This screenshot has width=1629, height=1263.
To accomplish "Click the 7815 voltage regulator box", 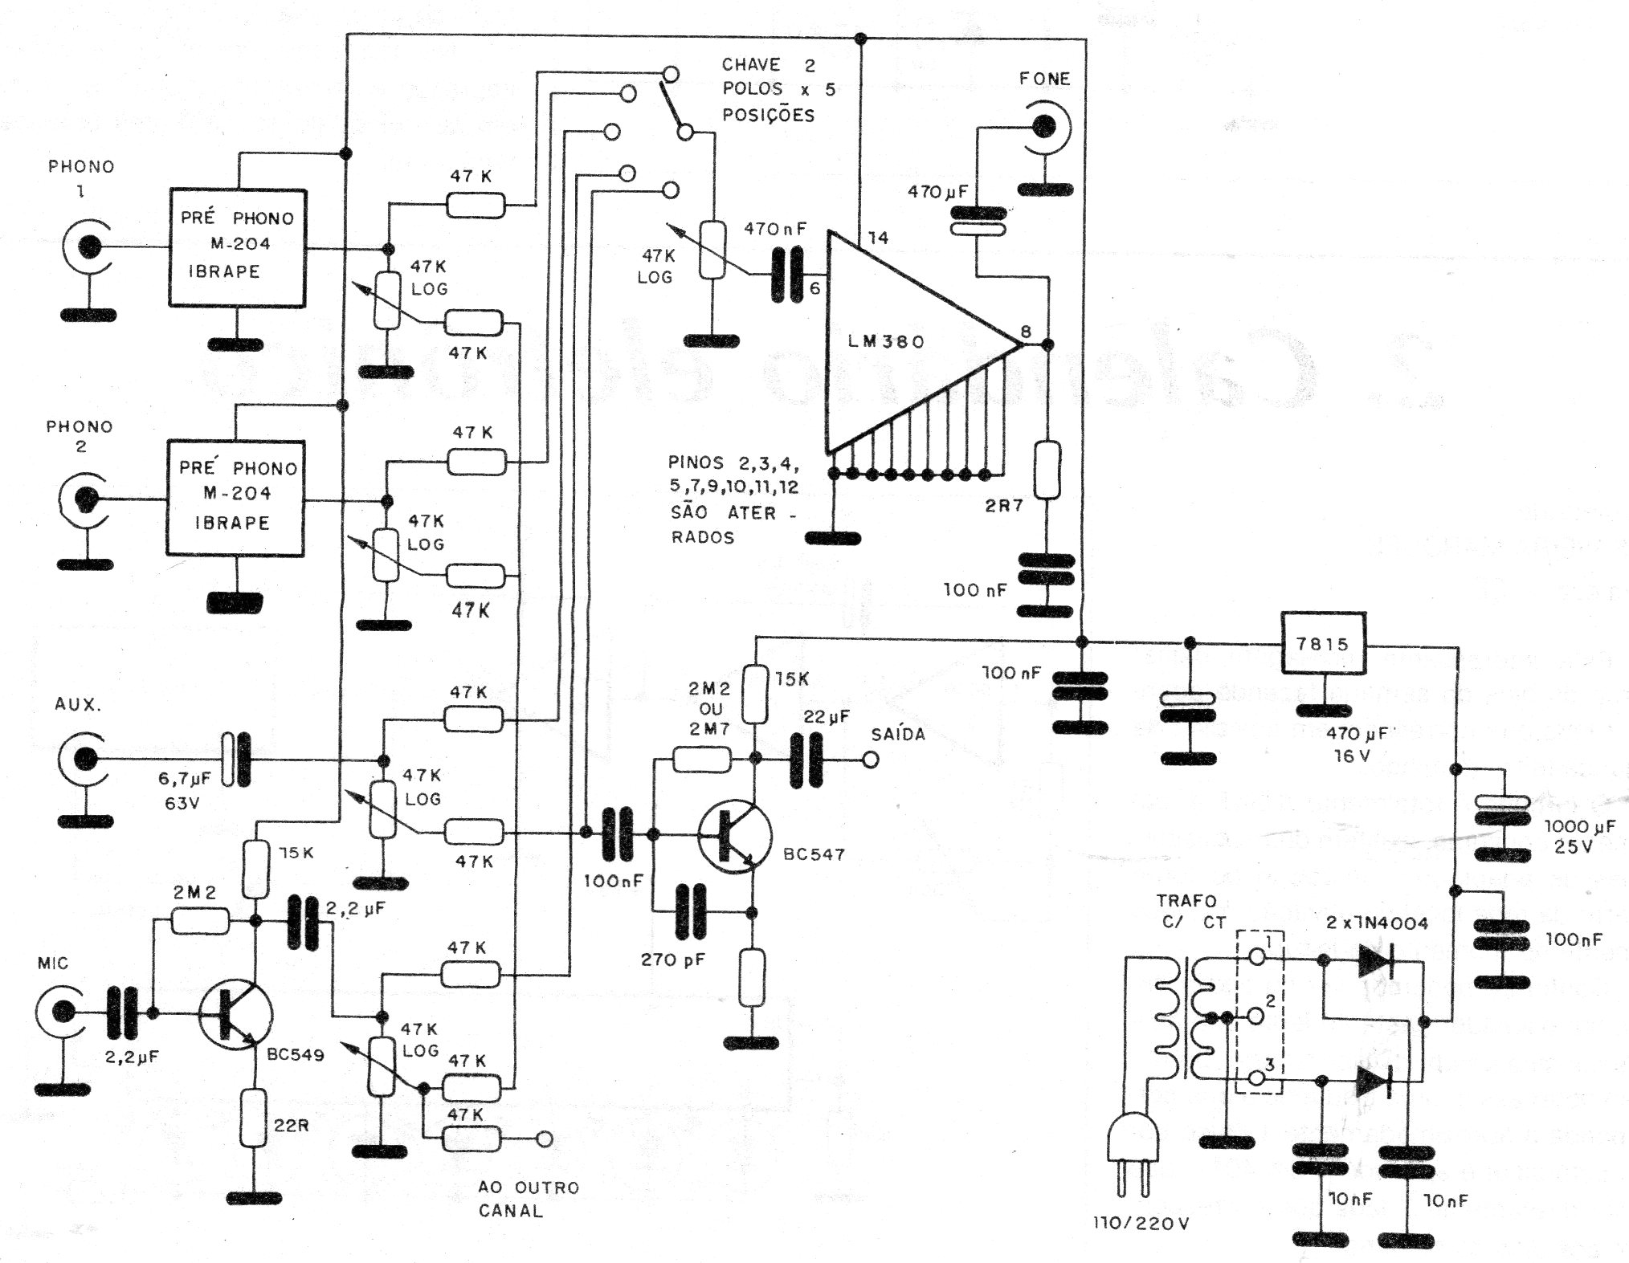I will click(1322, 644).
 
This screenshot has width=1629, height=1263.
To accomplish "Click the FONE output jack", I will click(1045, 127).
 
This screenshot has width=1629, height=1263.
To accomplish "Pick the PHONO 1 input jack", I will click(88, 247).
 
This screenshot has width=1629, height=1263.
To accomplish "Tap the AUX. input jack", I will click(84, 758).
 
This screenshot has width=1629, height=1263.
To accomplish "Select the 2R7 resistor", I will click(1047, 470).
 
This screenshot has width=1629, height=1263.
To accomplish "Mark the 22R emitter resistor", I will click(253, 1118).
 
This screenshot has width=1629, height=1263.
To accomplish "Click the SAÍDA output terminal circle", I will click(869, 760).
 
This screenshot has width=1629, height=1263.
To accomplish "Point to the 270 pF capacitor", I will click(689, 912).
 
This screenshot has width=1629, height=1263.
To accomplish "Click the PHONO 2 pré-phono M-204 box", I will click(235, 498).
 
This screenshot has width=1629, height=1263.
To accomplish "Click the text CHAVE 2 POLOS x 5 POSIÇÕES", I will click(778, 89).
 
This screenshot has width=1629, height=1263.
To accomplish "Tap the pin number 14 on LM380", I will click(878, 238).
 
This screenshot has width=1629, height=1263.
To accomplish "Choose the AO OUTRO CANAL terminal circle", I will click(545, 1139).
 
